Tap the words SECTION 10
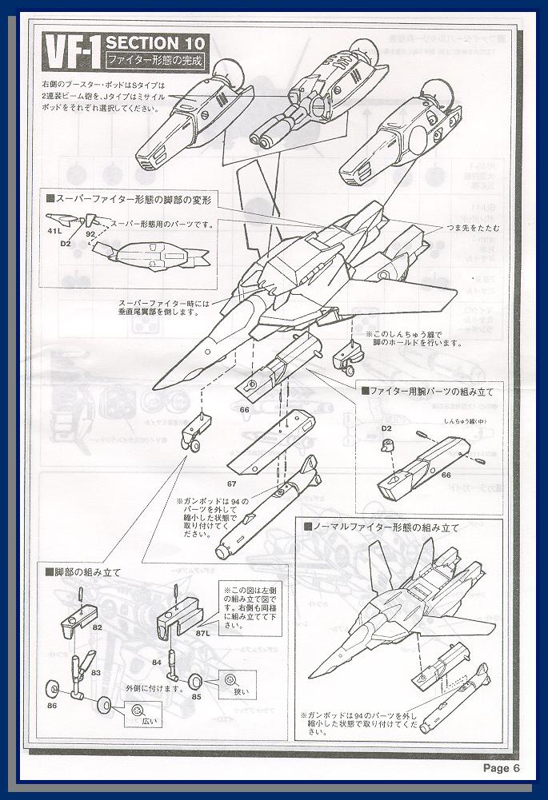click(x=155, y=42)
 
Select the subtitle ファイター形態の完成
click(x=154, y=61)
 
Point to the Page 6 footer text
click(x=502, y=768)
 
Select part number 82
click(x=97, y=628)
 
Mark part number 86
click(x=52, y=706)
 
